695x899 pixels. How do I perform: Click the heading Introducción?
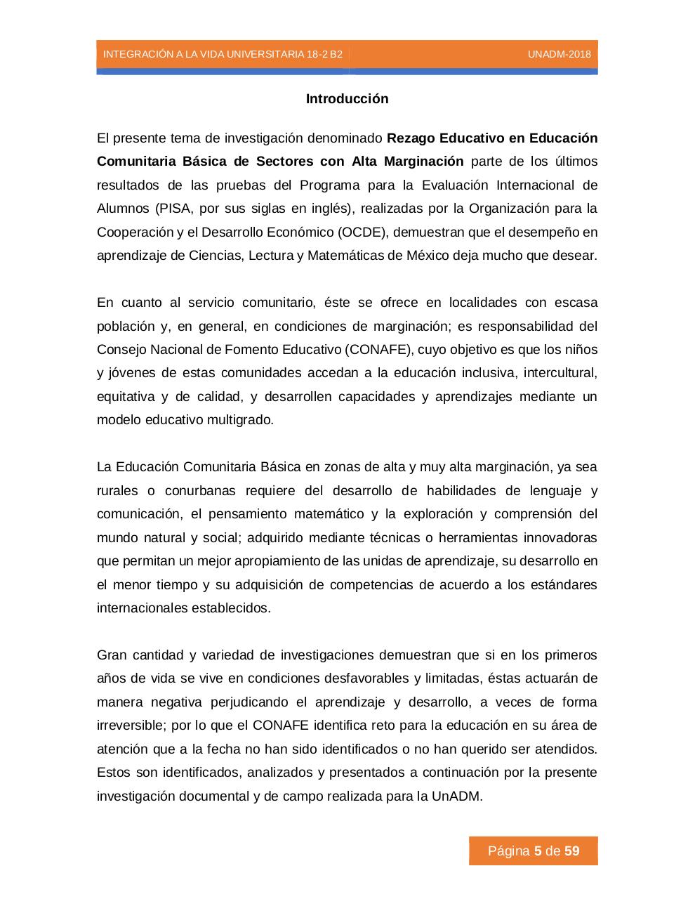point(347,99)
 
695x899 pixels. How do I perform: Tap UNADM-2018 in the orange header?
point(559,54)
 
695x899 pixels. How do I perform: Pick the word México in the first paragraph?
point(428,256)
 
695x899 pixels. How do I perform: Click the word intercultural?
point(560,373)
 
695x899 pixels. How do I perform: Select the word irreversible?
point(130,726)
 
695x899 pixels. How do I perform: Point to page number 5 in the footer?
point(538,851)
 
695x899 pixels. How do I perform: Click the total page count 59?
point(572,851)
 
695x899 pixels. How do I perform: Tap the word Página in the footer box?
point(508,851)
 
